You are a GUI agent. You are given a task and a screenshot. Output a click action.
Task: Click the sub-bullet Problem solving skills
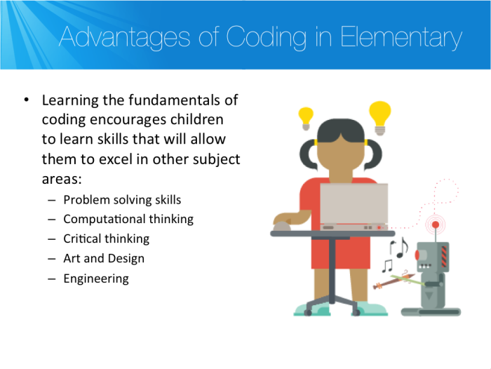coord(122,200)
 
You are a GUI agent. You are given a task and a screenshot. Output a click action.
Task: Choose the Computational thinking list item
coord(128,219)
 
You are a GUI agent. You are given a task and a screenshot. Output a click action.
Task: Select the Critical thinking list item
coord(106,239)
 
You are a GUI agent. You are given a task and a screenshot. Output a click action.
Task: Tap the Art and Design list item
coord(104,258)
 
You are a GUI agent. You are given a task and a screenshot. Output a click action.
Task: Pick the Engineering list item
coord(96,278)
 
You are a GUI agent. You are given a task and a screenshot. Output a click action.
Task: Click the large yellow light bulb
coord(379,116)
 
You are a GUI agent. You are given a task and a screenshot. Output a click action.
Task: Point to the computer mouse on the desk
coord(281,226)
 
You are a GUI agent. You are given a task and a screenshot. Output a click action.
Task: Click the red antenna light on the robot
coord(436,224)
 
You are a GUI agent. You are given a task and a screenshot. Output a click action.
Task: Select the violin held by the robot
coord(393,282)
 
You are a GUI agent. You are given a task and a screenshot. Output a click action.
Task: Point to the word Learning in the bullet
coord(67,100)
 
